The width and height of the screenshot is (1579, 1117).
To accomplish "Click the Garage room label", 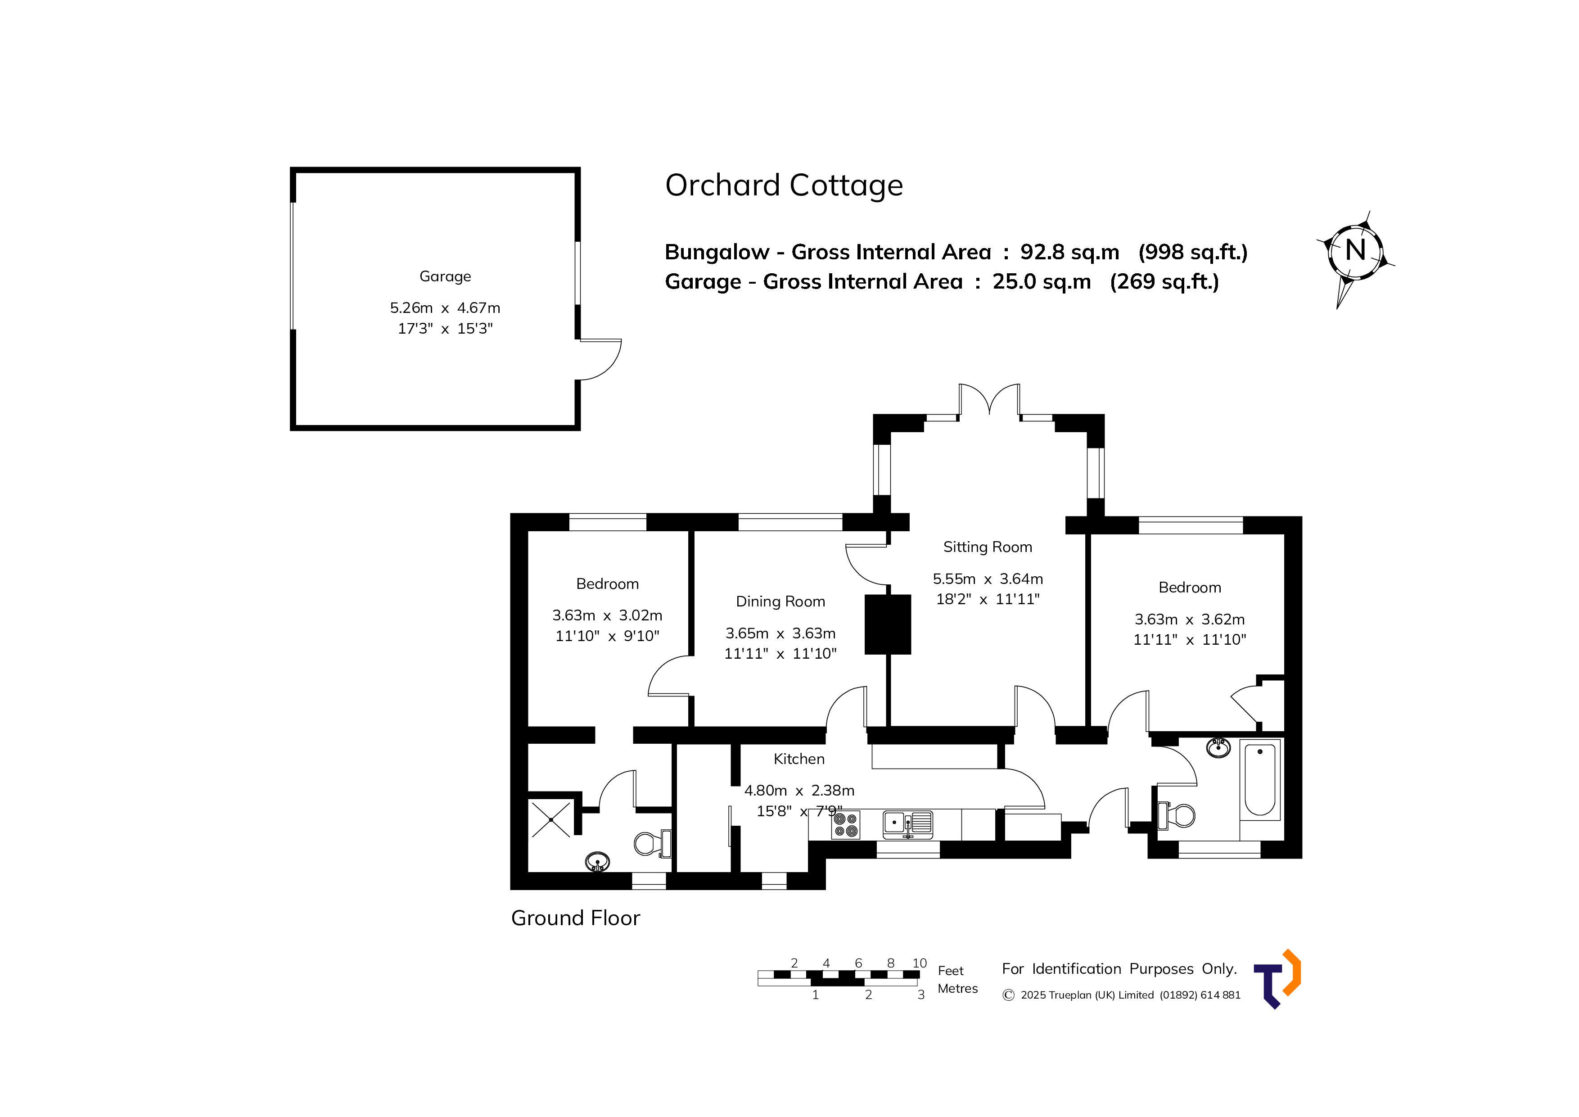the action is pyautogui.click(x=445, y=276).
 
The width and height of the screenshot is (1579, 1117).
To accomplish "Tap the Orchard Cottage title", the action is pyautogui.click(x=784, y=185).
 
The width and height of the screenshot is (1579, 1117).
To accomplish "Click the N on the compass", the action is pyautogui.click(x=1355, y=250).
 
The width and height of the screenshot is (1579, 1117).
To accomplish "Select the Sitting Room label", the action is pyautogui.click(x=988, y=547).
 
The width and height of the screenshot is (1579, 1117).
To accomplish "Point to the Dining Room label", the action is pyautogui.click(x=780, y=602).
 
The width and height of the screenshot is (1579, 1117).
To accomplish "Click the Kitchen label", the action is pyautogui.click(x=799, y=759).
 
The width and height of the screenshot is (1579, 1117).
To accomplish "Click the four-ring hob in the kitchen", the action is pyautogui.click(x=846, y=825).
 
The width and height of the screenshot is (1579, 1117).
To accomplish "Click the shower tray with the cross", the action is pyautogui.click(x=551, y=819).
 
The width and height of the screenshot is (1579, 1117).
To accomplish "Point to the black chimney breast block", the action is pyautogui.click(x=888, y=624).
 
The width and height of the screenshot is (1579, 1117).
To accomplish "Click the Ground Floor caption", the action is pyautogui.click(x=576, y=918).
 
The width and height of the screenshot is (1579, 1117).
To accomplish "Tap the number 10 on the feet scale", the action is pyautogui.click(x=920, y=963).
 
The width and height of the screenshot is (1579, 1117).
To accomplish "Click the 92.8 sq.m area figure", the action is pyautogui.click(x=1069, y=253).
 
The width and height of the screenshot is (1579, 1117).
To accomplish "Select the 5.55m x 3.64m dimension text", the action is pyautogui.click(x=988, y=579).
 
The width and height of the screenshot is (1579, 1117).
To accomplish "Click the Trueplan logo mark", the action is pyautogui.click(x=1278, y=979).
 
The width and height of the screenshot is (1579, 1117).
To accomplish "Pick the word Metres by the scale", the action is pyautogui.click(x=957, y=988).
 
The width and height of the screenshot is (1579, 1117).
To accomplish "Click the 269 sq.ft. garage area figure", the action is pyautogui.click(x=1164, y=282).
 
